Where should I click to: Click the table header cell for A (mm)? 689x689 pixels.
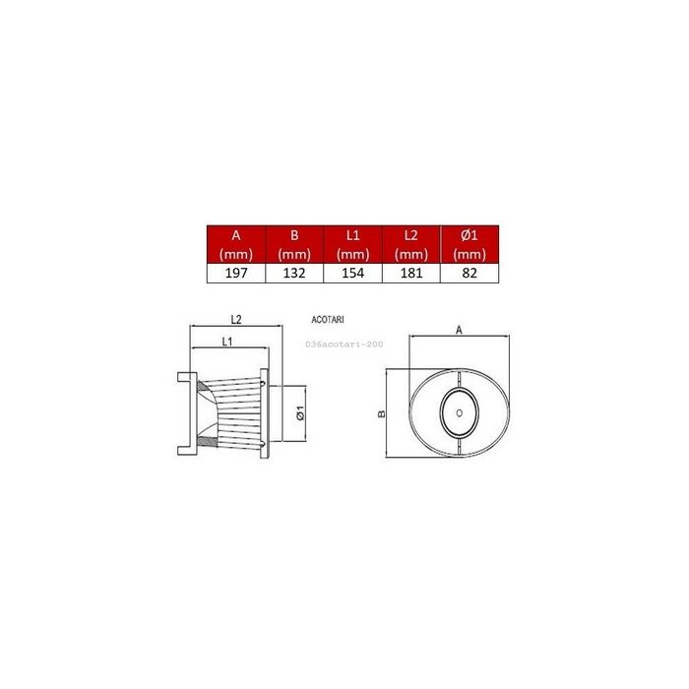point(236,244)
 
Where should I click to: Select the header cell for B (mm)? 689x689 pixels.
point(294,244)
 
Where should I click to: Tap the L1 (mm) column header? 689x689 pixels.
point(352,244)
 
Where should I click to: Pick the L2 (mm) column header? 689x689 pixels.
point(411,244)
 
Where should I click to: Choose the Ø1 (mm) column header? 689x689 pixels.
point(470,244)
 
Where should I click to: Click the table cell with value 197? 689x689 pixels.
point(236,274)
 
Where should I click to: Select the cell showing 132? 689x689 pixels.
point(294,274)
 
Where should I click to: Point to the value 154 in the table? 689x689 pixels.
point(352,274)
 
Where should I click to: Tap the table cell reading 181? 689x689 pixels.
point(411,274)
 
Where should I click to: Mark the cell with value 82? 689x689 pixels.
point(470,274)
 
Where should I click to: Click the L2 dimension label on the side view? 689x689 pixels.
point(236,319)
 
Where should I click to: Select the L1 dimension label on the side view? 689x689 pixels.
point(226,341)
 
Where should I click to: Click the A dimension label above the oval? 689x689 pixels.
point(460,331)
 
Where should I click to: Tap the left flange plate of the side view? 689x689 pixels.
point(182,413)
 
